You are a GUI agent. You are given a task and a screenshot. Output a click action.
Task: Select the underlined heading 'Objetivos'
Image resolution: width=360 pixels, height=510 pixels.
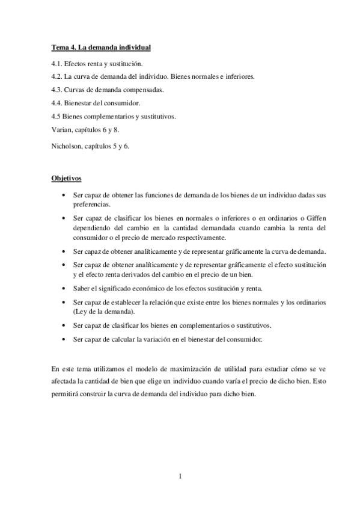pos(66,179)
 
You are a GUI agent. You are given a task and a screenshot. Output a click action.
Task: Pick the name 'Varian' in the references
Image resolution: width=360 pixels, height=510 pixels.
pos(62,129)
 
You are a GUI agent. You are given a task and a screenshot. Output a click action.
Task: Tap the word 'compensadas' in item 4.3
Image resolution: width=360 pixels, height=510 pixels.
pos(142,90)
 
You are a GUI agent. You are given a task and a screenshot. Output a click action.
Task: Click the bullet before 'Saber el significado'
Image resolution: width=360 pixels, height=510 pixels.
pos(64,289)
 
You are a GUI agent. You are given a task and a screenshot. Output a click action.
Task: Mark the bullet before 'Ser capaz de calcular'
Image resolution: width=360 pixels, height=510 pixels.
pos(64,340)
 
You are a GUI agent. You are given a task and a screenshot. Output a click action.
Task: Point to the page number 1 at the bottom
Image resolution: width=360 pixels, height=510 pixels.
pos(180,476)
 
